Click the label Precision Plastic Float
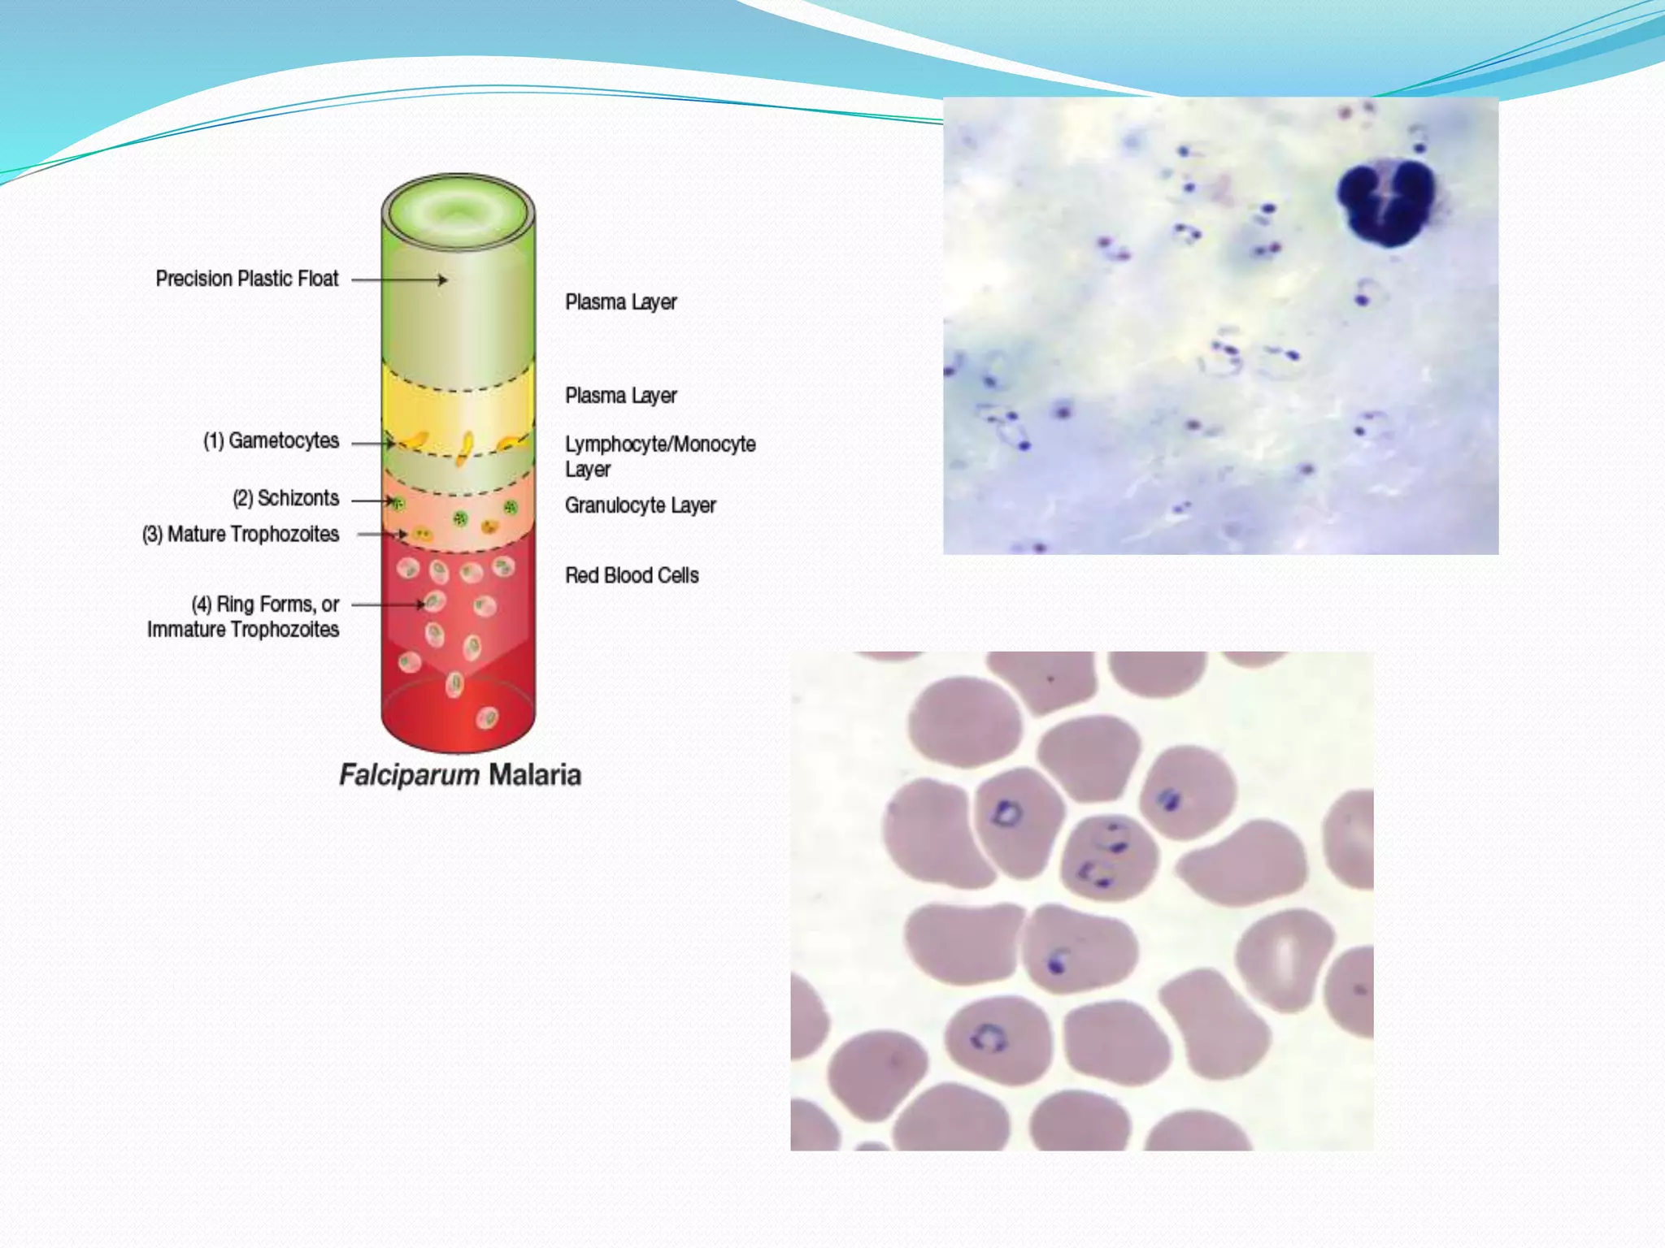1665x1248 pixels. click(246, 279)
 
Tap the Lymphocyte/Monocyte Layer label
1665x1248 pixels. click(659, 456)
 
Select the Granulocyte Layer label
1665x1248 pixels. click(640, 505)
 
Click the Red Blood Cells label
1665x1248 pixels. click(632, 575)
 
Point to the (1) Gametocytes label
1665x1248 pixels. click(271, 440)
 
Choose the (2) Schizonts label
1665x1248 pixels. click(285, 498)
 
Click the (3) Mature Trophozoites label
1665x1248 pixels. click(240, 534)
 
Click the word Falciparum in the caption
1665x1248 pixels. click(409, 774)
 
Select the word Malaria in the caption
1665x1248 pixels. click(534, 774)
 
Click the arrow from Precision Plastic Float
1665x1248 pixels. click(399, 279)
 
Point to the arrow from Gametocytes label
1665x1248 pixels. click(373, 444)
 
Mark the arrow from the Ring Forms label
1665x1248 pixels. click(388, 604)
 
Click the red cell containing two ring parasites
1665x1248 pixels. click(1109, 857)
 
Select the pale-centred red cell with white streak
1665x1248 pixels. click(1284, 959)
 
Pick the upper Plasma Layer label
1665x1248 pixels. click(620, 302)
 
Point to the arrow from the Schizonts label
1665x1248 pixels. click(373, 500)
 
